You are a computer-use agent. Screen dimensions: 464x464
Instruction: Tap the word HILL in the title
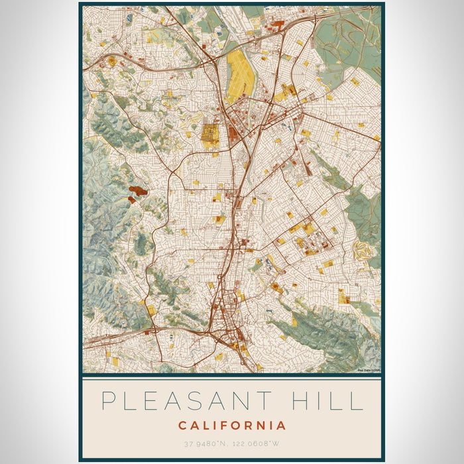[x=329, y=401]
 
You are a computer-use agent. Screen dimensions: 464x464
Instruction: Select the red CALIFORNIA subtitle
[x=232, y=426]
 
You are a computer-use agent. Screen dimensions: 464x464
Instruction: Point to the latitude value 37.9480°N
[x=203, y=443]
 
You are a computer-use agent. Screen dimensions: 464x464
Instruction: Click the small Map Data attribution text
[x=368, y=370]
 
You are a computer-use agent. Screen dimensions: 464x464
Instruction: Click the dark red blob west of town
[x=138, y=192]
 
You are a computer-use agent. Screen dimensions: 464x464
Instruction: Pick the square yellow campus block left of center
[x=211, y=135]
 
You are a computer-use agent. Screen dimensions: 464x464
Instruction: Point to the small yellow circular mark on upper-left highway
[x=111, y=61]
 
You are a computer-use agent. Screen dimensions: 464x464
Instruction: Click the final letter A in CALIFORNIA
[x=282, y=426]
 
